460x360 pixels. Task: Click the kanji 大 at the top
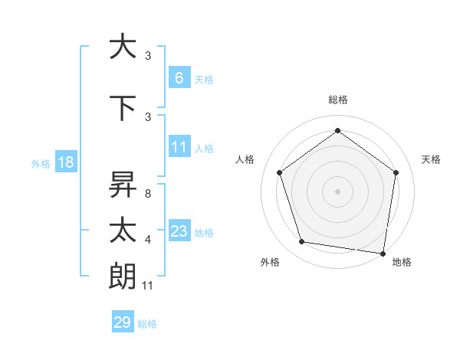(x=123, y=47)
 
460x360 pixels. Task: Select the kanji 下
(x=123, y=108)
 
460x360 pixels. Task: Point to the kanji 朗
(x=123, y=277)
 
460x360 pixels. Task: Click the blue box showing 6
(x=179, y=78)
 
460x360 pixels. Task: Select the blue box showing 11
(x=179, y=147)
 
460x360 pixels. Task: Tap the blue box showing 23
(x=179, y=231)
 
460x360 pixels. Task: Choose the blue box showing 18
(x=65, y=163)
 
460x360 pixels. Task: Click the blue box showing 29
(x=123, y=322)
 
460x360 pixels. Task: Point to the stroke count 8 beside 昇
(x=147, y=194)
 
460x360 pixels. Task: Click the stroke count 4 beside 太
(x=147, y=240)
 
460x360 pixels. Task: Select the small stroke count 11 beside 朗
(x=149, y=286)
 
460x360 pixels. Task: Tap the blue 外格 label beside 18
(x=41, y=164)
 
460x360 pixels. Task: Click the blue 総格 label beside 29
(x=147, y=324)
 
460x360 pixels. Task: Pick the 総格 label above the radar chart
(x=337, y=100)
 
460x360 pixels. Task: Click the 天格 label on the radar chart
(x=431, y=159)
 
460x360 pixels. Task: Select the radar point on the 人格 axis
(x=279, y=172)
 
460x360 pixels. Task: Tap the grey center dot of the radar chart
(x=337, y=191)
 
